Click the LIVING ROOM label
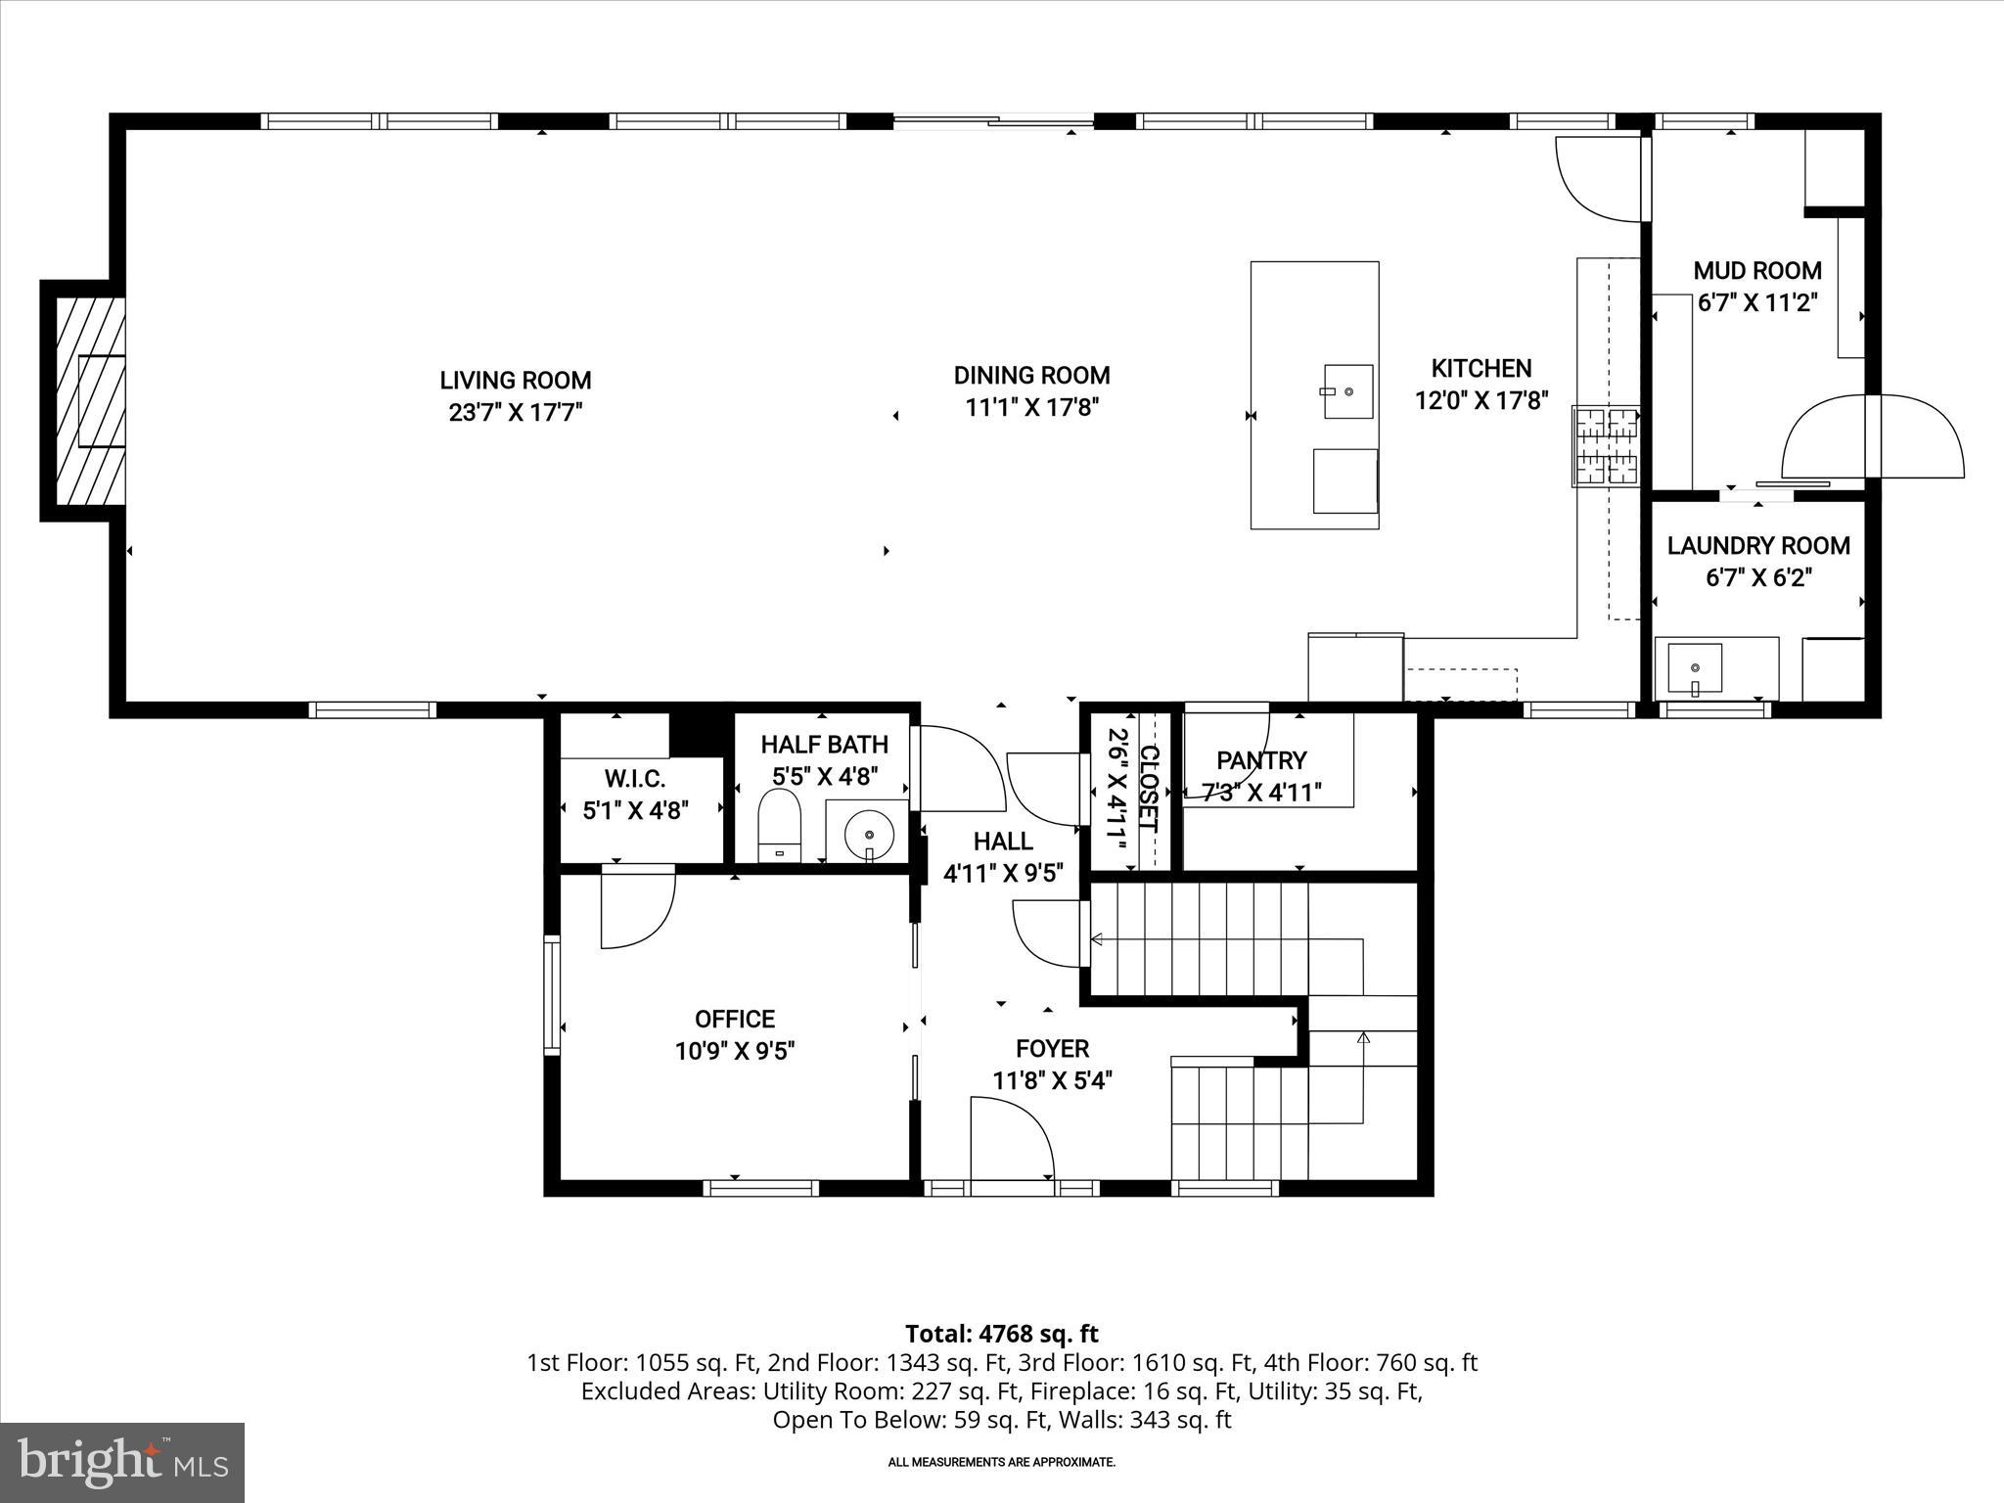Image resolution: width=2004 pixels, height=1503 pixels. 515,381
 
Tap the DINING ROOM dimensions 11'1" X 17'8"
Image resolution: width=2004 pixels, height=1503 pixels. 1032,407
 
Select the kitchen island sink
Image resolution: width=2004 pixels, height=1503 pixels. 1347,391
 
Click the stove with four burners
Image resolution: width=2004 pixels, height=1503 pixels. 1606,446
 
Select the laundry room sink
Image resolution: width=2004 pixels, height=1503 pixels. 1695,669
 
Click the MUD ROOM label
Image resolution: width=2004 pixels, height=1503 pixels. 1757,271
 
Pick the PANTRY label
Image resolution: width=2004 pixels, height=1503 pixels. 1261,760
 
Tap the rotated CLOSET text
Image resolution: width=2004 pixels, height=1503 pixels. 1149,789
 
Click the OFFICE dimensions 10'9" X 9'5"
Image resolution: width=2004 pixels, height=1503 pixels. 735,1051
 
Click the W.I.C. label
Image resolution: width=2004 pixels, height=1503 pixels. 634,780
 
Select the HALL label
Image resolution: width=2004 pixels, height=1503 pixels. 1002,841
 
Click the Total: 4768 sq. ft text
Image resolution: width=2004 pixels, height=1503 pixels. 1001,1334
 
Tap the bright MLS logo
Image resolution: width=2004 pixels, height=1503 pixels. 122,1462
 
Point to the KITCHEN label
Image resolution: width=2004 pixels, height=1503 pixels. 1480,369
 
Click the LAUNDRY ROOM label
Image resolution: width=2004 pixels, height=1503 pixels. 1758,546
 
